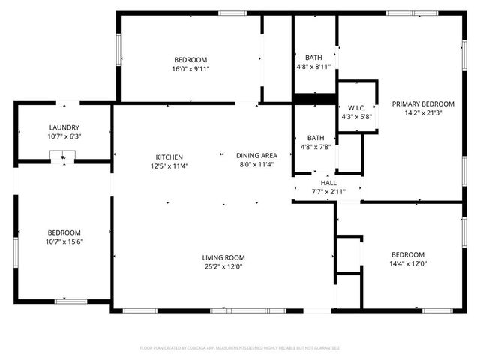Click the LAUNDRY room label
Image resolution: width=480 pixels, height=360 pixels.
64,127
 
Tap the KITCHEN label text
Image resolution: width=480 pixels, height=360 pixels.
169,157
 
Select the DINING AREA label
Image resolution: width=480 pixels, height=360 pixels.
257,155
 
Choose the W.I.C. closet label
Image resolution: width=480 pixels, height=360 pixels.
355,107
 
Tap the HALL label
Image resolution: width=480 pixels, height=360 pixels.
328,182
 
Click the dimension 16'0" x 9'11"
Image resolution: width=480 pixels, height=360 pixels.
191,69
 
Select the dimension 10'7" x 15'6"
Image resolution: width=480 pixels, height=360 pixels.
64,241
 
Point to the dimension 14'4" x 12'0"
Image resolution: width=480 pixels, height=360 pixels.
407,263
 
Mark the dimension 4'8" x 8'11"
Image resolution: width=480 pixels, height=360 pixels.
314,67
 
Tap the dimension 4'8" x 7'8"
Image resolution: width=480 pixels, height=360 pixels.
314,147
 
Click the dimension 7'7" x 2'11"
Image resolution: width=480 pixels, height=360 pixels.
328,192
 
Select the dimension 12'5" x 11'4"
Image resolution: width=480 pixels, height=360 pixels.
169,166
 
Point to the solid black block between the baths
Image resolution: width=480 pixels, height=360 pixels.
314,98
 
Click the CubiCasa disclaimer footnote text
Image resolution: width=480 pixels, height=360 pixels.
240,348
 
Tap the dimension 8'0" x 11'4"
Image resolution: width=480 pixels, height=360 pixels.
257,164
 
